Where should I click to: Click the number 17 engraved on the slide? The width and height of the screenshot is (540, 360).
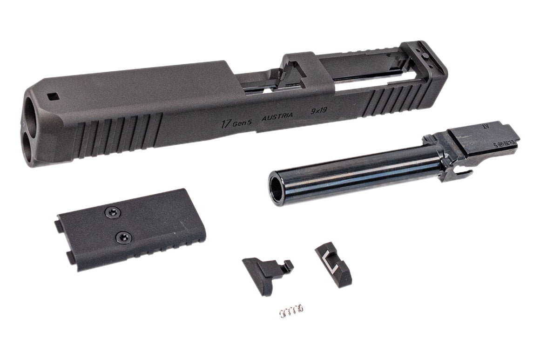click(x=226, y=123)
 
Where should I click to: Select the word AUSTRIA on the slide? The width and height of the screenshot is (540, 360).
click(x=277, y=117)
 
